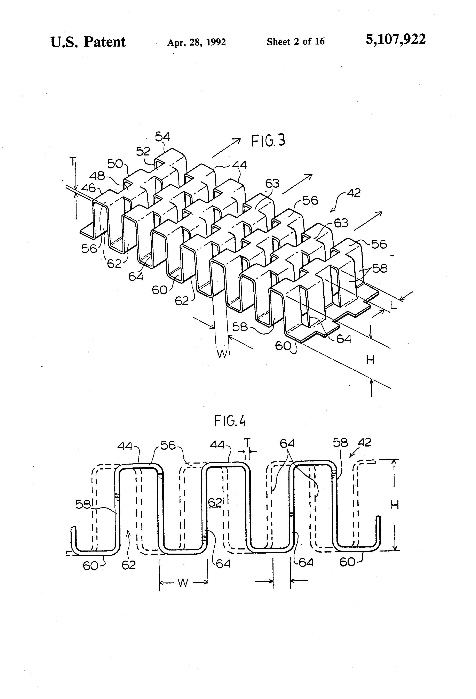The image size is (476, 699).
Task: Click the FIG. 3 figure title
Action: pos(268,140)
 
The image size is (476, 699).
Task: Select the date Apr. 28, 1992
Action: pos(197,42)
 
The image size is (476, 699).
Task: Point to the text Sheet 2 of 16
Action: pos(295,41)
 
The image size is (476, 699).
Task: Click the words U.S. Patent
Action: pos(88,42)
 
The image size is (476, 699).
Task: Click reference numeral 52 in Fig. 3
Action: pos(143,151)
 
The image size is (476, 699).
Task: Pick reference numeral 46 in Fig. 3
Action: pos(88,188)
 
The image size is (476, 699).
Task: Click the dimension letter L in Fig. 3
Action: pos(393,305)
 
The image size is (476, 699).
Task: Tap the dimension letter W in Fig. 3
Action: pos(222,354)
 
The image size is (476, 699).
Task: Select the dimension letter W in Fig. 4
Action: pos(183,583)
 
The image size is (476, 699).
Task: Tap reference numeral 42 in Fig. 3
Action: pos(353,193)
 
